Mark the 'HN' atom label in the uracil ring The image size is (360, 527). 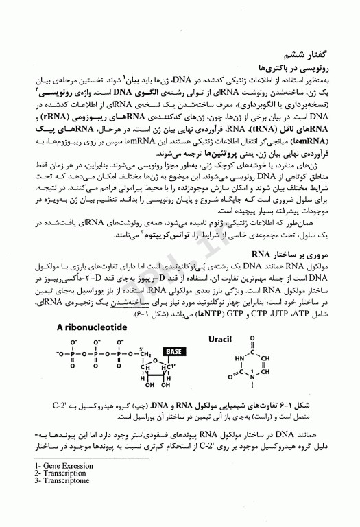(239, 358)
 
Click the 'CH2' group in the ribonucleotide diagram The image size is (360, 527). (142, 355)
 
